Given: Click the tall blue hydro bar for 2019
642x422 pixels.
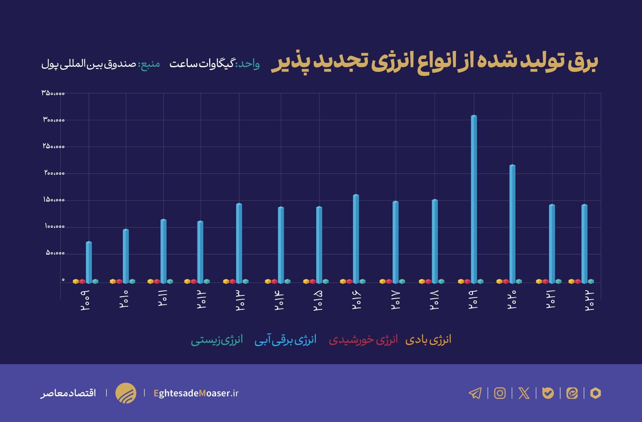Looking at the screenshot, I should pos(474,199).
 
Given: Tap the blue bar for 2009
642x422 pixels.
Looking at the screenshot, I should pos(89,262).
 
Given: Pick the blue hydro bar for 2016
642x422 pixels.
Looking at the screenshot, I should pos(356,239).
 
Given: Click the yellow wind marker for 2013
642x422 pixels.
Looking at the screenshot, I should pos(226,281).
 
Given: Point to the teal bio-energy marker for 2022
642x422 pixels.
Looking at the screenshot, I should pos(591,281).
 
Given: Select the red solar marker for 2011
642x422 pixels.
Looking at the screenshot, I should pos(157,281).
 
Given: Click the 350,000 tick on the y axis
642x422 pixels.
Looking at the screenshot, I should pos(53,93).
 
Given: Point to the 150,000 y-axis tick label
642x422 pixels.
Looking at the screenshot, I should pos(54,200).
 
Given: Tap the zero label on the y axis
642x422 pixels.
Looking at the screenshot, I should pos(63,280).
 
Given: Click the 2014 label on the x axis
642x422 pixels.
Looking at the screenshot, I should pos(279,300).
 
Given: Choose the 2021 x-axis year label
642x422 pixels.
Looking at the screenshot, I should pos(551,300).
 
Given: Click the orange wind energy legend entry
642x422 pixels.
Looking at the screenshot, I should pos(428,340).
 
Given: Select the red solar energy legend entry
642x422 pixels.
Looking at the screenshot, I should pos(363,340).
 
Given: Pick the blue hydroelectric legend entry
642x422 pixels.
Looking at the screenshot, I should pos(285,340).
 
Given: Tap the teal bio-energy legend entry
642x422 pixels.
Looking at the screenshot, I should pos(217,340).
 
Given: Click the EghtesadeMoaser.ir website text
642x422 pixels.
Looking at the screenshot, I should pos(196,393).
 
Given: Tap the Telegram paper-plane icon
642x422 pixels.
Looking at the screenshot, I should pos(475,393).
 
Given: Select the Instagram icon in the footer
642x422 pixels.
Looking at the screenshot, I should pos(500,393).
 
